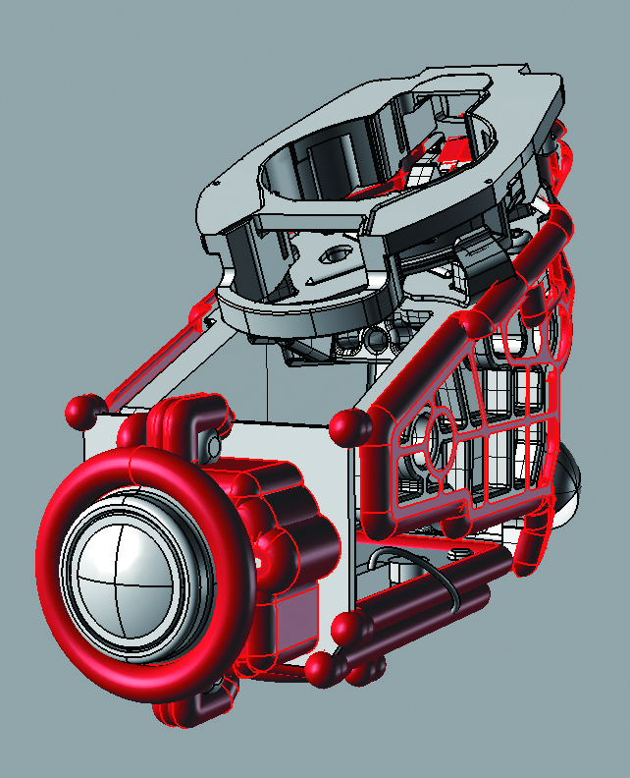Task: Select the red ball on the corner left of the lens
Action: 83,410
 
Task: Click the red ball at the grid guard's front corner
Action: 347,426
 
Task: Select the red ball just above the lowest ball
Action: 344,629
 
